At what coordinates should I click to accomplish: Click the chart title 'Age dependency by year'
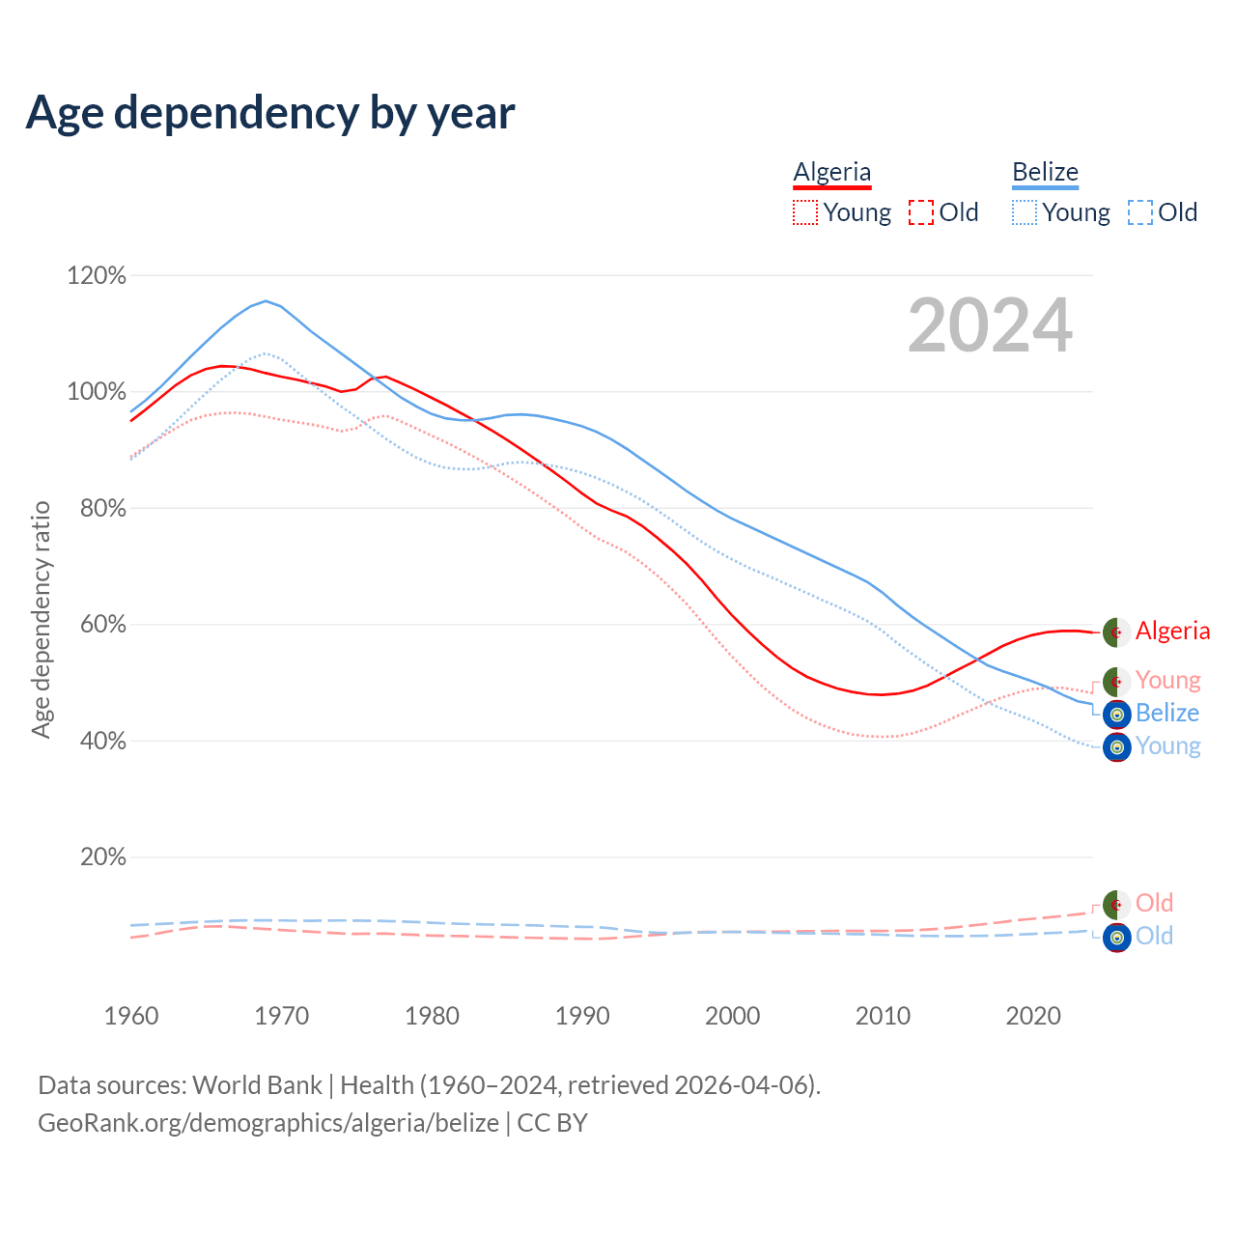270,113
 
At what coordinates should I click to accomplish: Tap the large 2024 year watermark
990,326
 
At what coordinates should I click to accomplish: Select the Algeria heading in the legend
831,172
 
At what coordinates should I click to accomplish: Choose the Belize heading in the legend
1045,172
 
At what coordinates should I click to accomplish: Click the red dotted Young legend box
805,212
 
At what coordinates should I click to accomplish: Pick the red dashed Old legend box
921,212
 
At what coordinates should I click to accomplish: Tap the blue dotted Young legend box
1025,212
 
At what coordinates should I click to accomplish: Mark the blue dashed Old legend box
1140,212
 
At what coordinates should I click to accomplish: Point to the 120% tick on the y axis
97,276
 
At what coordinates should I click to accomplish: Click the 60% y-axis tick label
102,625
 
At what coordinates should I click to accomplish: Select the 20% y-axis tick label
102,857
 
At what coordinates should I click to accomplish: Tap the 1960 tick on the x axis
131,1016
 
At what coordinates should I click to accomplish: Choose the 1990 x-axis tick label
582,1016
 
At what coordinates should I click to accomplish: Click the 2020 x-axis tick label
1033,1016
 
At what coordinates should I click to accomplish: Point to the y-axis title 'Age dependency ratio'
41,619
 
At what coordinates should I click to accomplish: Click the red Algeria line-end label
1172,631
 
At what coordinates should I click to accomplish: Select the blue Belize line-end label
1166,713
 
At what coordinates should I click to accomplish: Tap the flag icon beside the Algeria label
1116,632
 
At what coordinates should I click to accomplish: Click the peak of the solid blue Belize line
266,300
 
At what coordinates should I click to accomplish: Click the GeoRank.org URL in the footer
268,1123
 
